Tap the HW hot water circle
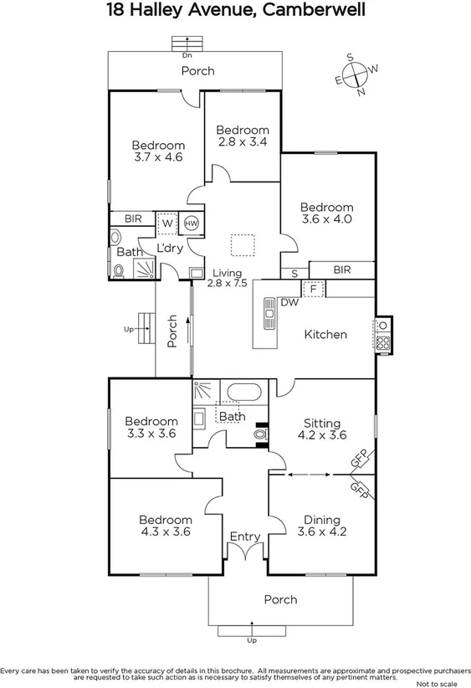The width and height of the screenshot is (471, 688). click(x=191, y=223)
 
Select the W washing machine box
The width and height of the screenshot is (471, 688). click(x=166, y=223)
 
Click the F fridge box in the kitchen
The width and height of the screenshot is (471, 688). click(x=313, y=288)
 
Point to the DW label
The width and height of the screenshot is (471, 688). click(x=289, y=302)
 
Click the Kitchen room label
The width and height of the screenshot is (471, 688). click(x=325, y=334)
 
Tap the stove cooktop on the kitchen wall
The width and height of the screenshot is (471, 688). click(x=382, y=335)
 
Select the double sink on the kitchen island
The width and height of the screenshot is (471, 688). click(x=269, y=316)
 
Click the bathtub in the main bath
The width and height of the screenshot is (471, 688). click(x=243, y=391)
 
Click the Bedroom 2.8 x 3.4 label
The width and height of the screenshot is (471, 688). click(x=243, y=136)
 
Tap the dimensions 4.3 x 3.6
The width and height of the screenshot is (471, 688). click(x=166, y=531)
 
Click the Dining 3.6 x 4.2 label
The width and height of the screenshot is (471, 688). click(x=322, y=525)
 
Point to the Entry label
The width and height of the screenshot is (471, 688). click(x=244, y=537)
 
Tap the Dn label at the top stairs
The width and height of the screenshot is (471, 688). click(x=187, y=56)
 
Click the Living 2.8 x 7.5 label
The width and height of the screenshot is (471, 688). click(x=228, y=279)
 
